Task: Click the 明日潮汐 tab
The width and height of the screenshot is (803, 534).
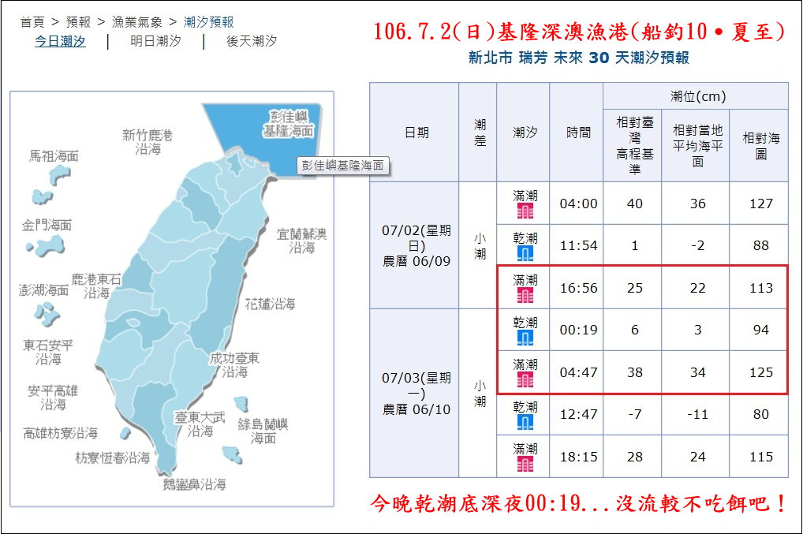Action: [x=155, y=41]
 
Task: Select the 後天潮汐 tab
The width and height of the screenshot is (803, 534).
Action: [x=252, y=41]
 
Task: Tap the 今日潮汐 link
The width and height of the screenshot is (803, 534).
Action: [x=60, y=41]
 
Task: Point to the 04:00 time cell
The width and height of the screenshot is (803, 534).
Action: [x=578, y=204]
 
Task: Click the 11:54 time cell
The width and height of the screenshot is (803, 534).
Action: [x=578, y=245]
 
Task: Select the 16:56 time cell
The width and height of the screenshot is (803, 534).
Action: [x=578, y=288]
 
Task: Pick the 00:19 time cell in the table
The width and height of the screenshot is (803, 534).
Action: [x=578, y=330]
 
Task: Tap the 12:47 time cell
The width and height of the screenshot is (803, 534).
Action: [x=578, y=414]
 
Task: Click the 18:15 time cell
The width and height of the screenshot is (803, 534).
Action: [x=578, y=457]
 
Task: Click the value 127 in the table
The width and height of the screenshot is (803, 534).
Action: [x=760, y=204]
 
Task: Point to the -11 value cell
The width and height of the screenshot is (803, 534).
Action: [x=697, y=414]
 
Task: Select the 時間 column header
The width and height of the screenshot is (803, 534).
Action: [x=578, y=133]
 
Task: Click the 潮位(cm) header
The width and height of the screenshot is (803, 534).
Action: [x=697, y=96]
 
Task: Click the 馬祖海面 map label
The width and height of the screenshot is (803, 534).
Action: [x=54, y=156]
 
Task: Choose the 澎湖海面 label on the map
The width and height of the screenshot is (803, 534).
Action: [x=44, y=290]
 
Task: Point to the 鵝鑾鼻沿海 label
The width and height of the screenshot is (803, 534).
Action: [x=194, y=484]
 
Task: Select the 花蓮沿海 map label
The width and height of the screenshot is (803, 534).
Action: [x=270, y=304]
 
